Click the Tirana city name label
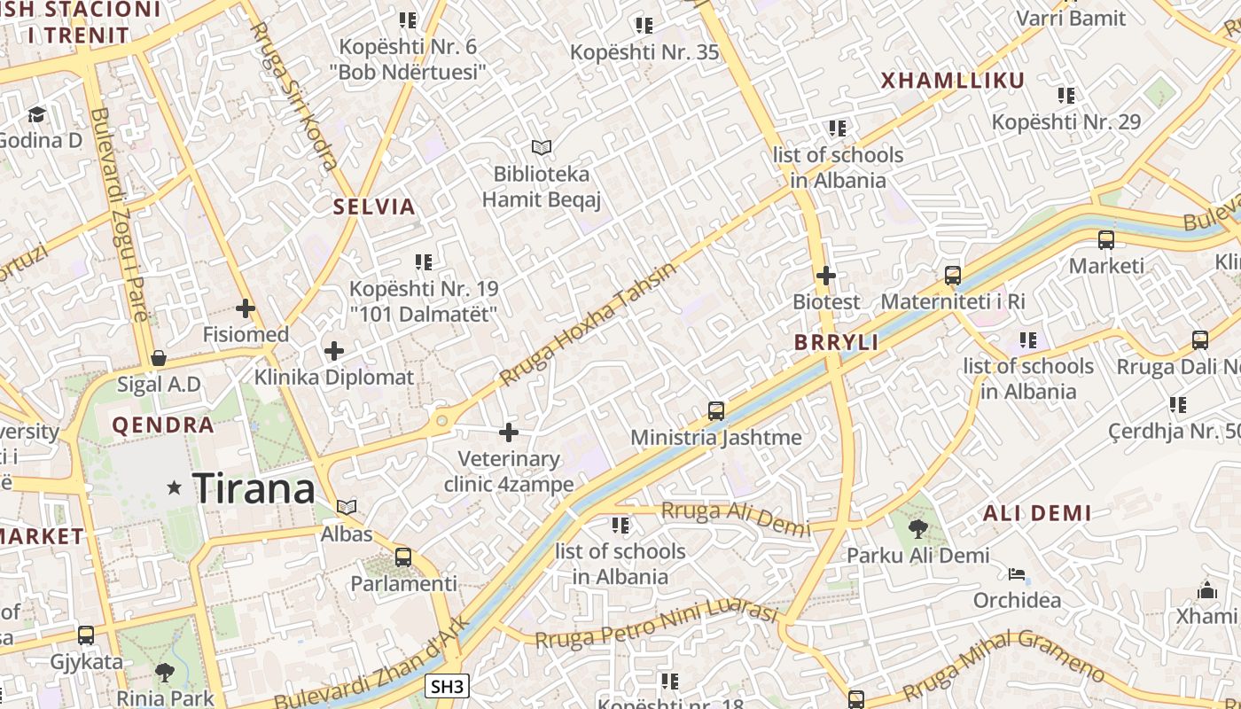(x=254, y=488)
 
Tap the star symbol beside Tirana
(x=175, y=487)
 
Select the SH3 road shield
(x=447, y=686)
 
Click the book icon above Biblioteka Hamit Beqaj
(x=541, y=147)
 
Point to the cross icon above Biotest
(x=826, y=276)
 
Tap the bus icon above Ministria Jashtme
(x=716, y=411)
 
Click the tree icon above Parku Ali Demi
(x=918, y=530)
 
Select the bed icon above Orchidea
(x=1017, y=574)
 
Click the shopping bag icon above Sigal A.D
(x=159, y=358)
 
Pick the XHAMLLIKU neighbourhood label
(x=953, y=81)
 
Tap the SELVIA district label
(x=374, y=207)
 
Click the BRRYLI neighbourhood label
(x=836, y=343)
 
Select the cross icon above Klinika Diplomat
(x=333, y=351)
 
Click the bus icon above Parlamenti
(x=403, y=557)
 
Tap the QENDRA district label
(x=163, y=425)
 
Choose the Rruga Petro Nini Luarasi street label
(x=657, y=626)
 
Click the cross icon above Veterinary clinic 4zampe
(x=509, y=432)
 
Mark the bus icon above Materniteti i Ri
(x=953, y=276)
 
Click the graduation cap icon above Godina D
(x=36, y=114)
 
